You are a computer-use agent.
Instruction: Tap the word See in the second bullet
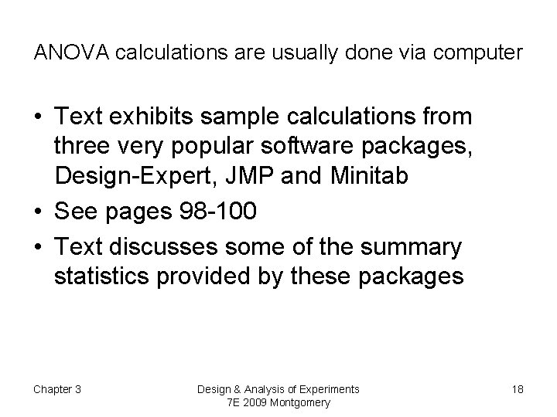[x=76, y=210]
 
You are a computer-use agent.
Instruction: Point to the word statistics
[x=104, y=276]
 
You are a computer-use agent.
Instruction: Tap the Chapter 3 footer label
[x=57, y=388]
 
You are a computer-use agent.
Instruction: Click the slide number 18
[x=517, y=388]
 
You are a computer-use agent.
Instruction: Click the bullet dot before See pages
[x=38, y=211]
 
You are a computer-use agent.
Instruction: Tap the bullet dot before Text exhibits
[x=38, y=118]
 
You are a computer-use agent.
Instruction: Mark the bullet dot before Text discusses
[x=38, y=249]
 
